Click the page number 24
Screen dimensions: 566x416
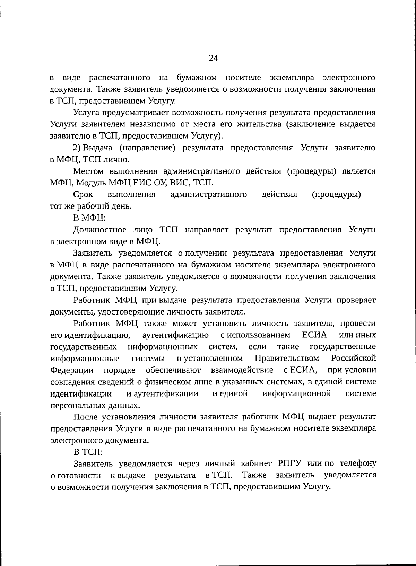pos(213,58)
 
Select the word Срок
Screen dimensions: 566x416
pos(83,195)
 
